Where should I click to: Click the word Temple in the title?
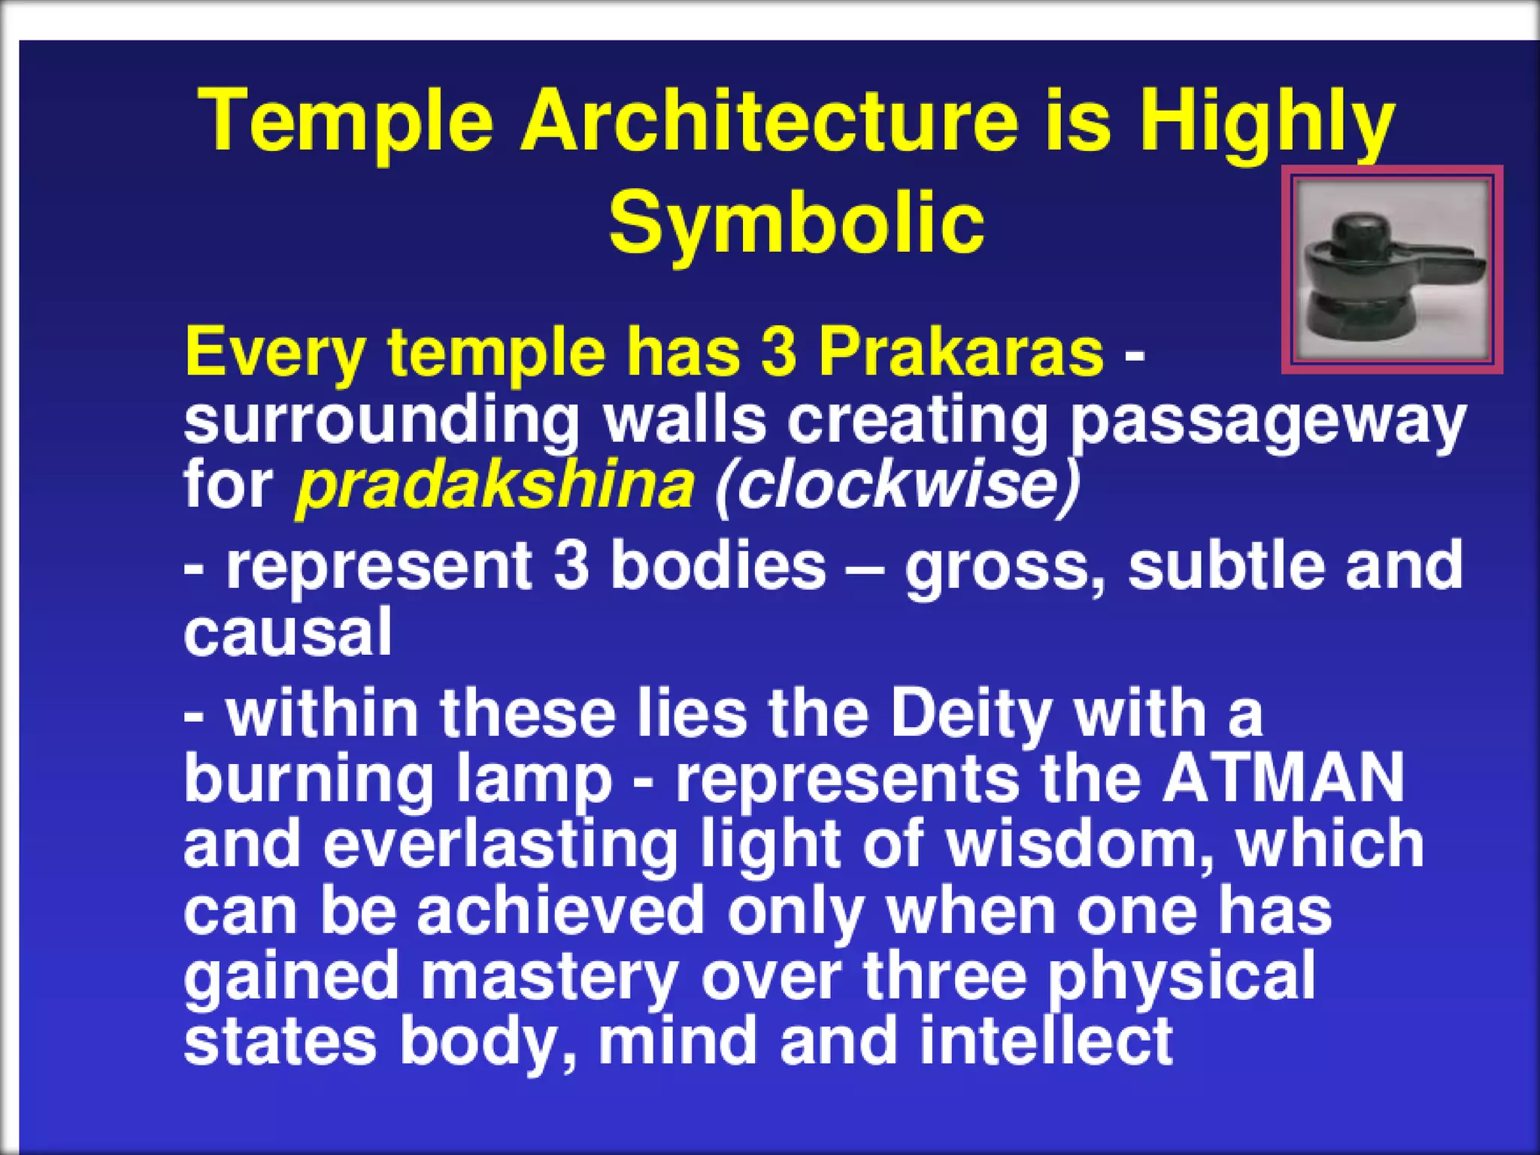point(345,120)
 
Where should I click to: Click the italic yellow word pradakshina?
point(496,485)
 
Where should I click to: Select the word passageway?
point(1268,421)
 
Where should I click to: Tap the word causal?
point(288,632)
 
